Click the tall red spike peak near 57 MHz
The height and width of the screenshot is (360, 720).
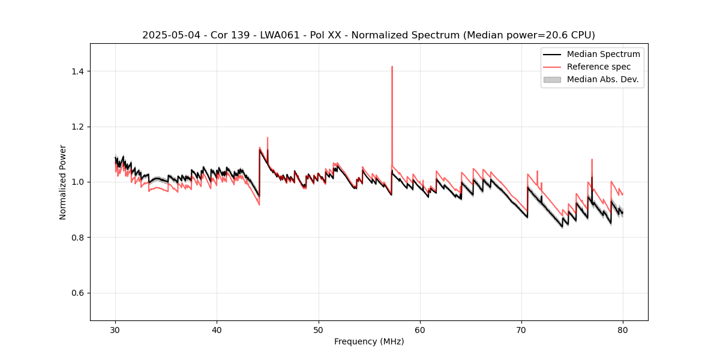(x=392, y=67)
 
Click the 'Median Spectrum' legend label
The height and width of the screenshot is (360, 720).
(x=603, y=54)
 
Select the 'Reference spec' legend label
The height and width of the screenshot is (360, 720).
(x=599, y=67)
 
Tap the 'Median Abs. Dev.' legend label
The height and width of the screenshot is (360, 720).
(x=602, y=79)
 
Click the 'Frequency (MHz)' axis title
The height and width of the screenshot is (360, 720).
(x=369, y=341)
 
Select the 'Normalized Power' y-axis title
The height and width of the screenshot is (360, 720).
(x=63, y=182)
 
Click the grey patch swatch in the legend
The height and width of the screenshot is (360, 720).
(x=552, y=79)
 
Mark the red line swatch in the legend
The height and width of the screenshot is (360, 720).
(x=552, y=67)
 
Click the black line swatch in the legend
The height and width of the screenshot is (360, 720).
(x=552, y=54)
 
